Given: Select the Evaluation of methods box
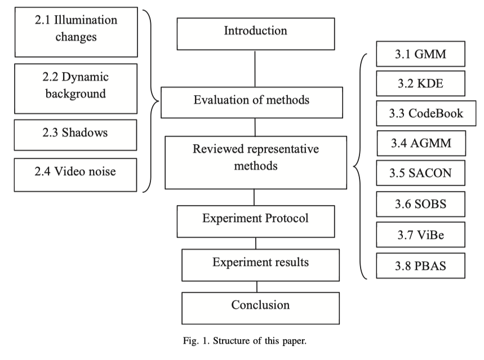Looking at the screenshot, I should pyautogui.click(x=251, y=101).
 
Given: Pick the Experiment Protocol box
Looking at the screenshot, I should pyautogui.click(x=255, y=220).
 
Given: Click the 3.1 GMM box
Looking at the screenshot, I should pyautogui.click(x=421, y=55).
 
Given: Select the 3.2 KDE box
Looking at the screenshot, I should pyautogui.click(x=421, y=85).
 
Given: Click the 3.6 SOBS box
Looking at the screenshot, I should pyautogui.click(x=421, y=205).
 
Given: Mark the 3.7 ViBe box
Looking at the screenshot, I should pyautogui.click(x=421, y=235).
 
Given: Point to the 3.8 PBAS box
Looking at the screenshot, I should pyautogui.click(x=421, y=265).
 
